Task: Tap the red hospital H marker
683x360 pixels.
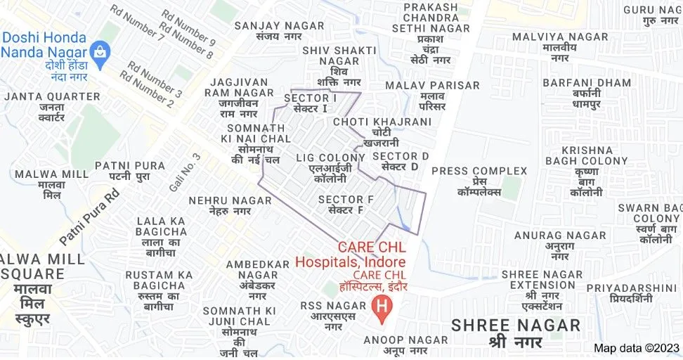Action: [382, 308]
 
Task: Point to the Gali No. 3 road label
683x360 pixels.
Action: [175, 173]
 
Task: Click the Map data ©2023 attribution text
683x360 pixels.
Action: [637, 348]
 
